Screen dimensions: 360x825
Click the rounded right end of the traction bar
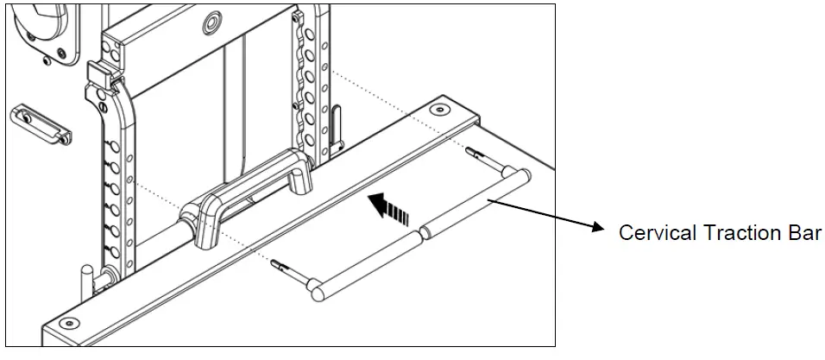(x=523, y=177)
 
